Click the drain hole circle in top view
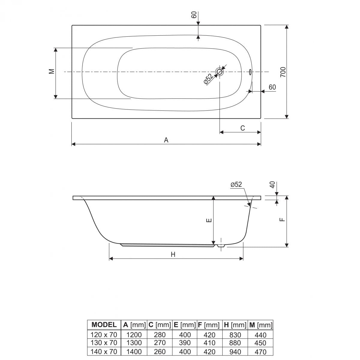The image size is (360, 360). coord(220,72)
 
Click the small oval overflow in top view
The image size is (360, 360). coord(250,72)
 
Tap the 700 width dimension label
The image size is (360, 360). coord(283,72)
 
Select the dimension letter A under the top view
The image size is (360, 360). coord(166,140)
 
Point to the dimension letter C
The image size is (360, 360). coord(242,128)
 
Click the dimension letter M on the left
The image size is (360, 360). coord(52,71)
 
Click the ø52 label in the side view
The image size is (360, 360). coord(236,184)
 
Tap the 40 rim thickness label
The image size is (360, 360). coord(272,185)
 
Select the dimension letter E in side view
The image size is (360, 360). coord(209,221)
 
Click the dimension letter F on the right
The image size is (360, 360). coord(281,220)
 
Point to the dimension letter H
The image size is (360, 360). coord(173,254)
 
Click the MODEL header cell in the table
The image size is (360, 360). coord(104,325)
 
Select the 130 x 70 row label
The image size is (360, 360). coord(104,343)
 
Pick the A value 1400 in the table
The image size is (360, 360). coord(134,351)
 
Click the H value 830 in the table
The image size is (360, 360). coord(235,334)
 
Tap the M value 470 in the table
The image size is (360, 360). coord(260,351)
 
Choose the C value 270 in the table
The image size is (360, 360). coord(160,343)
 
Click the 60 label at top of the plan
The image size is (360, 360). coord(194,15)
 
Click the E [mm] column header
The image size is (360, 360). coord(185,325)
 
